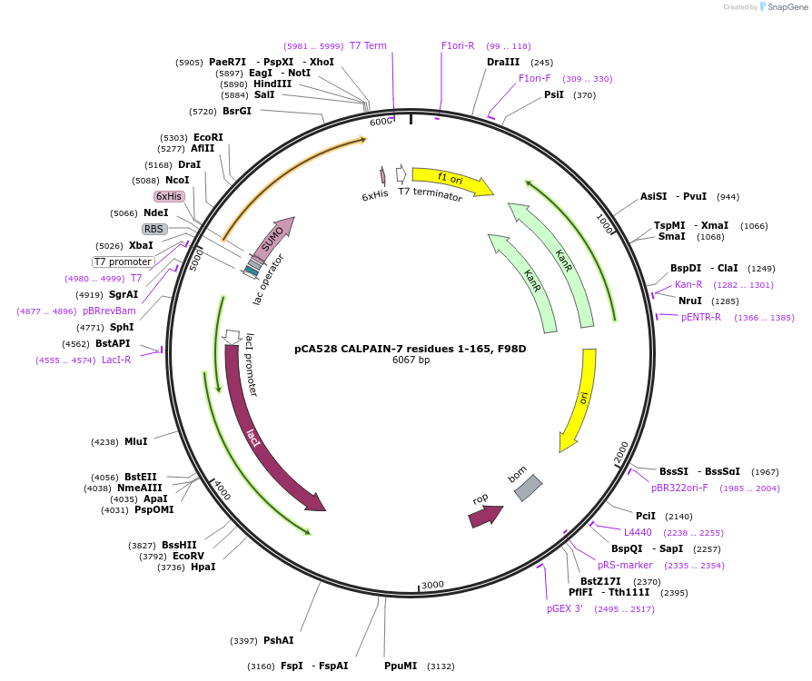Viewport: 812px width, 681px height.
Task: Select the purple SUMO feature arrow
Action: click(272, 240)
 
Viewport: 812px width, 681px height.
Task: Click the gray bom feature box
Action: click(528, 488)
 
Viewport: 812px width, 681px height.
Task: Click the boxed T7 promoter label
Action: click(124, 262)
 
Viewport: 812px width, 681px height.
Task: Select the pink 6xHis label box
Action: click(169, 196)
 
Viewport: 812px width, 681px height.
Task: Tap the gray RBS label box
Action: click(153, 229)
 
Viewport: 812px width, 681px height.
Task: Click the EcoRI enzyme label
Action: click(208, 137)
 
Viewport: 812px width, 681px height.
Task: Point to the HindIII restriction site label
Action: click(272, 84)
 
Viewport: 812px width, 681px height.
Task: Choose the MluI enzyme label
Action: click(136, 441)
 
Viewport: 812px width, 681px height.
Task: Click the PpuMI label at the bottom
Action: click(401, 666)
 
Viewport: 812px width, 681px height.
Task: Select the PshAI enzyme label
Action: click(279, 640)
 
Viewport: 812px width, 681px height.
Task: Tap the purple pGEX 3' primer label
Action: click(565, 608)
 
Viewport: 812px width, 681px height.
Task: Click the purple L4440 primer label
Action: click(638, 532)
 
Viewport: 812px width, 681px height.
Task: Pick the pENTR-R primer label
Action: click(701, 317)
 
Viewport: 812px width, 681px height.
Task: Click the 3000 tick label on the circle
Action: click(432, 585)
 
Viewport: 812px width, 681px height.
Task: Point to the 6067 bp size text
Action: click(411, 360)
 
